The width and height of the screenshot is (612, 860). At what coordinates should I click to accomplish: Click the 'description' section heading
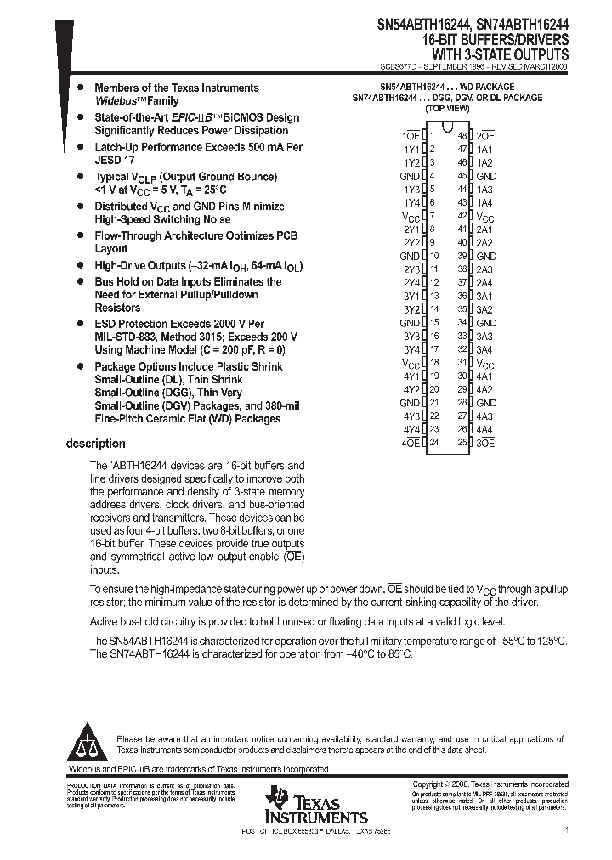coord(95,444)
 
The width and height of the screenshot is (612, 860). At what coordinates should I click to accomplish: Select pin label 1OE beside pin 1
coord(411,136)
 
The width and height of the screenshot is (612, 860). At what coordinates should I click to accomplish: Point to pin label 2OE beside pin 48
coord(485,136)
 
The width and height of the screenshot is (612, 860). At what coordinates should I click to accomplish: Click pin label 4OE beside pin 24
coord(411,442)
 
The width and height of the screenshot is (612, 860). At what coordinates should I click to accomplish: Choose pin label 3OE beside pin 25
coord(485,442)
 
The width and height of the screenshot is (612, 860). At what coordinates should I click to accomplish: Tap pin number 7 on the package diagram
coord(433,216)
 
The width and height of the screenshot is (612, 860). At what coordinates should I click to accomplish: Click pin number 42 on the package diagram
coord(462,216)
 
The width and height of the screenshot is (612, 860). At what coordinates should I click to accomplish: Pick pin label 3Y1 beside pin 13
coord(411,296)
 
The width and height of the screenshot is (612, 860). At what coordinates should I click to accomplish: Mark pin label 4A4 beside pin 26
coord(484,429)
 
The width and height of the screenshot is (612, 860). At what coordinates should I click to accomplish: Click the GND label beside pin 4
coord(410,176)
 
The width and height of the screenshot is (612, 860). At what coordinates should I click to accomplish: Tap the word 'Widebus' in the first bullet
coord(114,100)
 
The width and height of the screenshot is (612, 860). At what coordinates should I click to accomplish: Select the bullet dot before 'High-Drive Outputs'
coord(80,266)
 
